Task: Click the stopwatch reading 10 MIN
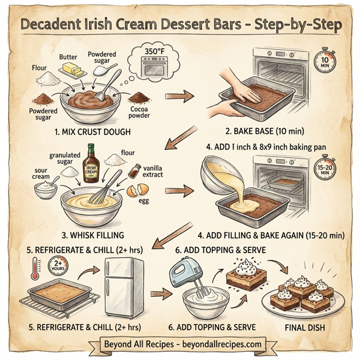pos(325,59)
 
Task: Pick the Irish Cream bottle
pos(92,162)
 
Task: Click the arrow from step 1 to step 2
pos(179,95)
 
